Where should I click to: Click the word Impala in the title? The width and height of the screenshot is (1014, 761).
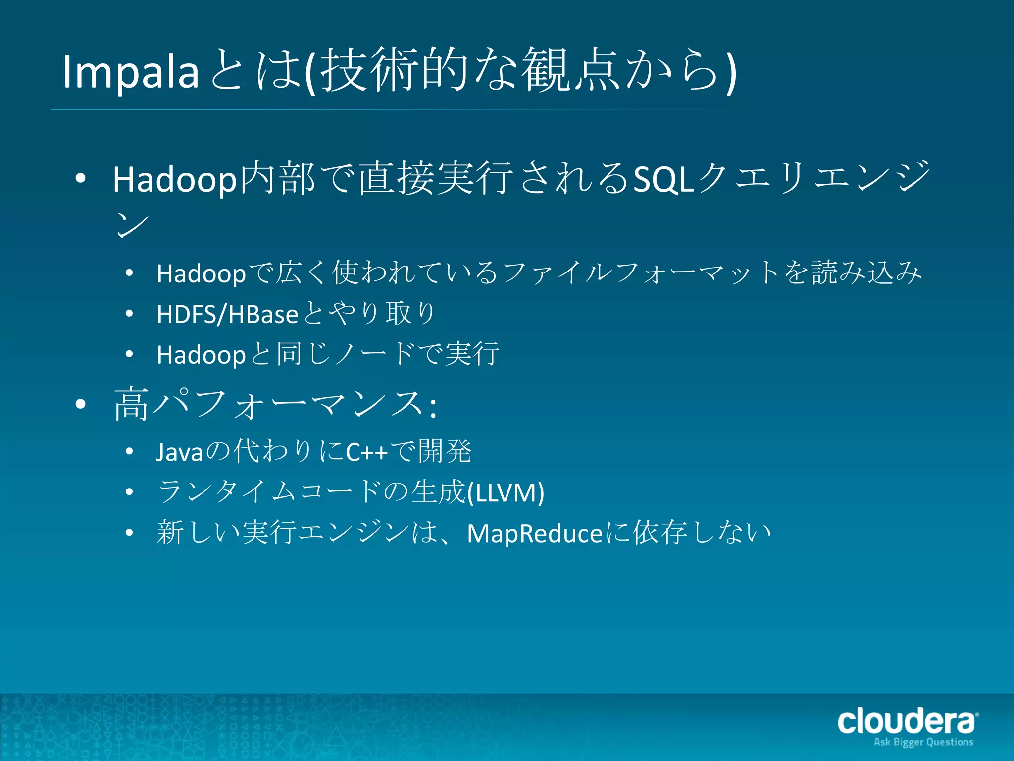pos(130,72)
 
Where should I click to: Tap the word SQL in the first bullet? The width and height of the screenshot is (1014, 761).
pos(663,179)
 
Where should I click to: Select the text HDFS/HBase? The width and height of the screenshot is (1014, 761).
pos(227,314)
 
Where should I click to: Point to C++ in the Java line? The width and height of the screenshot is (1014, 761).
pos(366,452)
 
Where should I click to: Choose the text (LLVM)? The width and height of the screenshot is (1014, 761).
pos(506,492)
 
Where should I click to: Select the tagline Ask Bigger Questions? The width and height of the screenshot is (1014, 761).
pos(923,742)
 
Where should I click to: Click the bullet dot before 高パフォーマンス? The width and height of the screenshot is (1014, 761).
pos(81,405)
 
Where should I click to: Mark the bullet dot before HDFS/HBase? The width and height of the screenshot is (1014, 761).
pos(129,314)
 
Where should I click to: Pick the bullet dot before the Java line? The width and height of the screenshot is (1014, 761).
pos(129,451)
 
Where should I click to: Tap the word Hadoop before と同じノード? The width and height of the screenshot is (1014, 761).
pos(201,355)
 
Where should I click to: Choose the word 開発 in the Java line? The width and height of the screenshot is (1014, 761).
pos(445,451)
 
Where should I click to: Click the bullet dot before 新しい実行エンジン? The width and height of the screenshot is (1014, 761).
pos(129,533)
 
